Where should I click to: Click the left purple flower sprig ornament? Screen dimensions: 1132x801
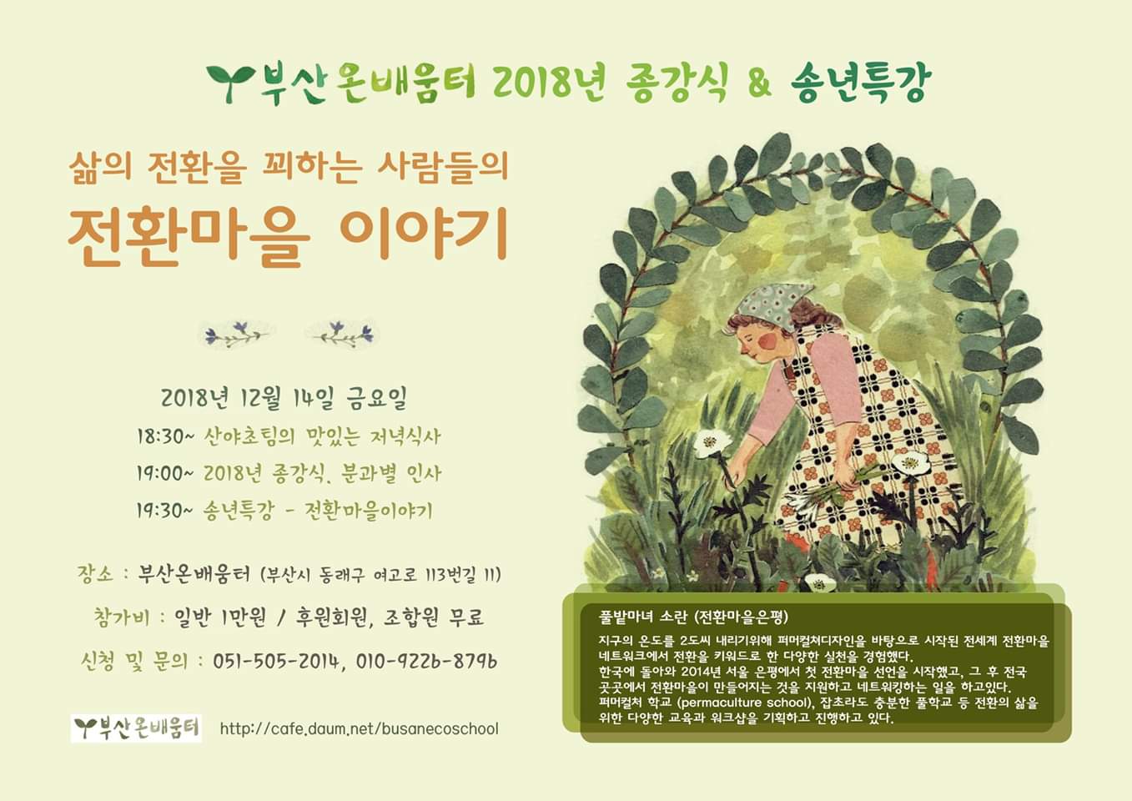tap(234, 334)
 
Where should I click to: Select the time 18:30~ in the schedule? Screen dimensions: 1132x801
tap(164, 436)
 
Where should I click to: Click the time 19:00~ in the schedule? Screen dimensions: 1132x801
tap(164, 474)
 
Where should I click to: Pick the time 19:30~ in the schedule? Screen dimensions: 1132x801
tap(164, 511)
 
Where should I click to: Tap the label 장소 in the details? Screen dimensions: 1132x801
tap(95, 574)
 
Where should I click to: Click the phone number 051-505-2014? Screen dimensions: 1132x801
tap(275, 661)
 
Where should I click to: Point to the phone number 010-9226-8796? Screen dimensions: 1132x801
tap(426, 661)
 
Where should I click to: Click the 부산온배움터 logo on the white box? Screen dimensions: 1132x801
tap(136, 728)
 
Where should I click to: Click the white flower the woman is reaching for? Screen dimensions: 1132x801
tap(711, 444)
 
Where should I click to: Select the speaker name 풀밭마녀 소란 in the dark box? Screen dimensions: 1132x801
tap(643, 617)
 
